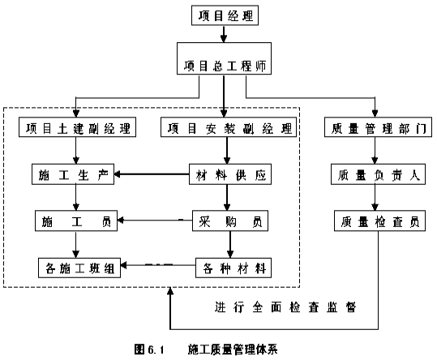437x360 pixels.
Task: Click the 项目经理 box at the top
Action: click(x=225, y=15)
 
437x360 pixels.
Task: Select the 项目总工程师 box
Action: click(x=224, y=58)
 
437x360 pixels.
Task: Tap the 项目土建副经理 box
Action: click(x=78, y=127)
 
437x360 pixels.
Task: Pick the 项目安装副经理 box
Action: click(x=229, y=127)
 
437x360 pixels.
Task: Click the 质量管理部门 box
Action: click(x=378, y=127)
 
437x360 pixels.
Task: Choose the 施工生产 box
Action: click(x=73, y=174)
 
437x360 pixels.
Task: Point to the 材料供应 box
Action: click(x=230, y=174)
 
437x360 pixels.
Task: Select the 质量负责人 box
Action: click(x=378, y=174)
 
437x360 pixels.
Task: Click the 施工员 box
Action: click(x=76, y=221)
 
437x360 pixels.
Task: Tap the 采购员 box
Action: click(x=230, y=221)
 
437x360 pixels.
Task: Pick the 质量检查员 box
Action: click(x=380, y=221)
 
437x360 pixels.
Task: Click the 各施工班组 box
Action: click(x=79, y=268)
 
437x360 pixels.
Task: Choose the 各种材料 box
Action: click(x=233, y=268)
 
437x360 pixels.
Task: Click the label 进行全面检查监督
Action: click(x=285, y=307)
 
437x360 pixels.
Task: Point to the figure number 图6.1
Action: click(x=149, y=349)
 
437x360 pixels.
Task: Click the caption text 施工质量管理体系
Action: click(x=233, y=349)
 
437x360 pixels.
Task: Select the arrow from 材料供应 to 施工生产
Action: click(x=152, y=174)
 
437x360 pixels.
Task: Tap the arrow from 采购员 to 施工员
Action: click(x=155, y=221)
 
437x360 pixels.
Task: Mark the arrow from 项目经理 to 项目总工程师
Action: click(x=224, y=34)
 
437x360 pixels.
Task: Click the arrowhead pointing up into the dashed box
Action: click(x=170, y=291)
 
